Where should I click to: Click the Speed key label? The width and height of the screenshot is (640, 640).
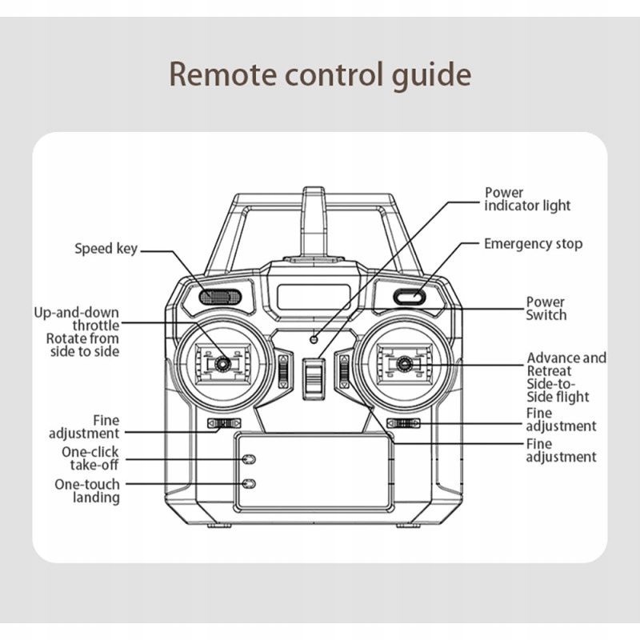point(106,249)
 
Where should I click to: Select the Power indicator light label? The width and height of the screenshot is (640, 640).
point(527,199)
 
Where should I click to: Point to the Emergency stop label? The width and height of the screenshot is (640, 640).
point(533,243)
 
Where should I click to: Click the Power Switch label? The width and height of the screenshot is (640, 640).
point(546,308)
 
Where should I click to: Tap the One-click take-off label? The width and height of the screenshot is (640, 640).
point(90,459)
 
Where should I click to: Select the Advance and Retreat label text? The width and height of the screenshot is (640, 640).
point(566,365)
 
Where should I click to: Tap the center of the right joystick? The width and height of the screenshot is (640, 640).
point(405,365)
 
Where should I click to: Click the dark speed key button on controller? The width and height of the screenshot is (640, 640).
point(220,298)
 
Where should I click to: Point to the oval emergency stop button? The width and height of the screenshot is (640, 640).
point(409,298)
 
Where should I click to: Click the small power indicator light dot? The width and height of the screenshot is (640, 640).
point(314,338)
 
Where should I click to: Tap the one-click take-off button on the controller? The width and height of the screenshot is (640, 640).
point(249,460)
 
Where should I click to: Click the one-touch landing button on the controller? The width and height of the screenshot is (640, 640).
point(249,484)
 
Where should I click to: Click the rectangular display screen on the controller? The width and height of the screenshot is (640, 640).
point(314,297)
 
